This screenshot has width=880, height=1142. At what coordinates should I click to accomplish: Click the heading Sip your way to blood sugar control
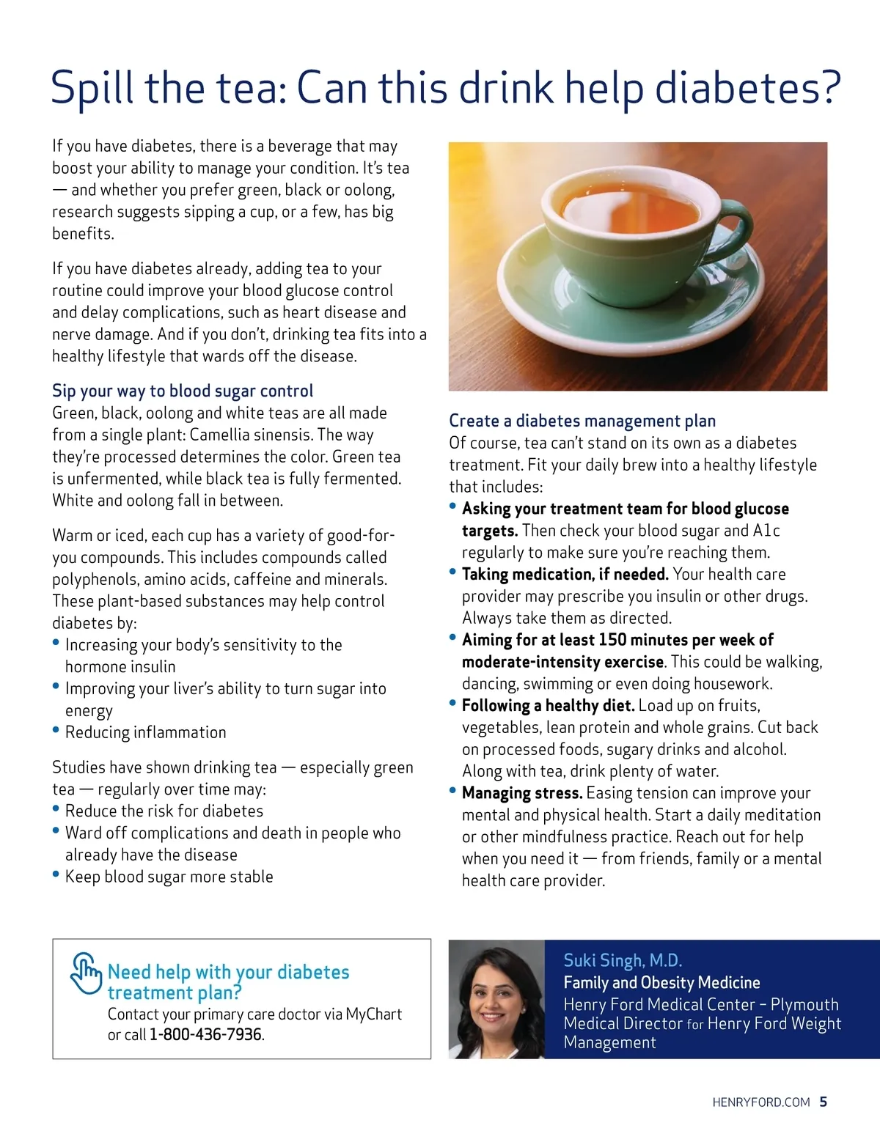click(183, 391)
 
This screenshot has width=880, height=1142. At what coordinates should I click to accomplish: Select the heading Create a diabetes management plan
click(582, 421)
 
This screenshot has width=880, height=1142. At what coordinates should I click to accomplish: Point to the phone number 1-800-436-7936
click(205, 1034)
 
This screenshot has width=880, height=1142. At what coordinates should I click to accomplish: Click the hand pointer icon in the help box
click(86, 973)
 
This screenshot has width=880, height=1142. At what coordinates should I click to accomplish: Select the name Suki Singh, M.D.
click(623, 960)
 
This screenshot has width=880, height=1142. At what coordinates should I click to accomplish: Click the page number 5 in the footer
click(824, 1102)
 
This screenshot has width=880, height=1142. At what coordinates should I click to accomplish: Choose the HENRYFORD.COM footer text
click(760, 1102)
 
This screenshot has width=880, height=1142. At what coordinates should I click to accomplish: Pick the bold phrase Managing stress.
click(522, 793)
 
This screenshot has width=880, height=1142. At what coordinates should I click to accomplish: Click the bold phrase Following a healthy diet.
click(548, 706)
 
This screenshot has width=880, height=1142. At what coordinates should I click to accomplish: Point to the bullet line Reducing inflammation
click(145, 732)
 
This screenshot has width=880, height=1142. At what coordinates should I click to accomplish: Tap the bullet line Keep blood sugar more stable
click(169, 877)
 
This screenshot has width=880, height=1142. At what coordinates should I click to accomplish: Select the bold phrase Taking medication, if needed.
click(565, 575)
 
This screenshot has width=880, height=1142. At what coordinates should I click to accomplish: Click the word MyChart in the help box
click(373, 1014)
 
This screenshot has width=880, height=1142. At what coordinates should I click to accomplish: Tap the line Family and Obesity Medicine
click(661, 983)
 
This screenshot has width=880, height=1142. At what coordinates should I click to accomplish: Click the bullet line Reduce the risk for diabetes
click(164, 811)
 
